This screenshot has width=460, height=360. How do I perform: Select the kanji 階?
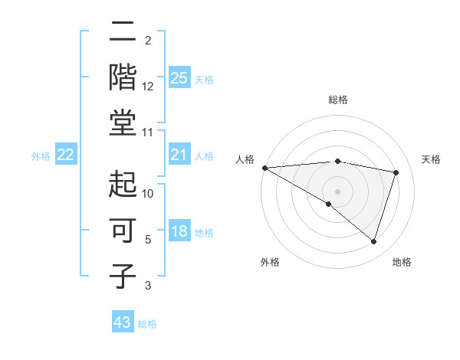click(123, 77)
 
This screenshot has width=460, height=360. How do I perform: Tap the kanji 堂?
click(123, 122)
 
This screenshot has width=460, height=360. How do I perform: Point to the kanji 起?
click(123, 184)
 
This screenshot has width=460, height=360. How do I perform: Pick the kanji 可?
click(123, 229)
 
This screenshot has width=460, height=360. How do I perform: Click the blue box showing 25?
click(179, 77)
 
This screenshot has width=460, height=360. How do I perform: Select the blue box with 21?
click(179, 155)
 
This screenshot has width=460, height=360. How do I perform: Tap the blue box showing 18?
click(179, 231)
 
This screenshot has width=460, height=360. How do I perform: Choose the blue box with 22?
click(65, 155)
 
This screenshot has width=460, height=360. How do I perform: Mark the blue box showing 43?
click(122, 322)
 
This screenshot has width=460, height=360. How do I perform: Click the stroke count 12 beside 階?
click(148, 87)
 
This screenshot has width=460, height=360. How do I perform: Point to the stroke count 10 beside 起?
click(148, 194)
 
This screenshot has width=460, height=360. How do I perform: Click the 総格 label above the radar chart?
click(337, 100)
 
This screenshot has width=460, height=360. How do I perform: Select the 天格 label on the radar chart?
click(431, 159)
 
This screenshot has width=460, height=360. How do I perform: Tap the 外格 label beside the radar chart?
click(269, 262)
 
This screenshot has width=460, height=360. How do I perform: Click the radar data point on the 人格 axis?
click(264, 167)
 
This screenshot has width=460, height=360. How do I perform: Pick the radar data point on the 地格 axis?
click(373, 241)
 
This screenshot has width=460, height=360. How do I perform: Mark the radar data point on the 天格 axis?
click(396, 172)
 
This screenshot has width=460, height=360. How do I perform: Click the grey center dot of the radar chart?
click(337, 191)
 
